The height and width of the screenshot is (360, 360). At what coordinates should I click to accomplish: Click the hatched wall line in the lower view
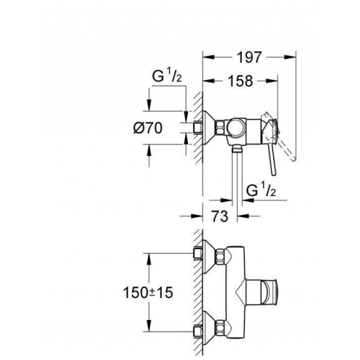(199, 291)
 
